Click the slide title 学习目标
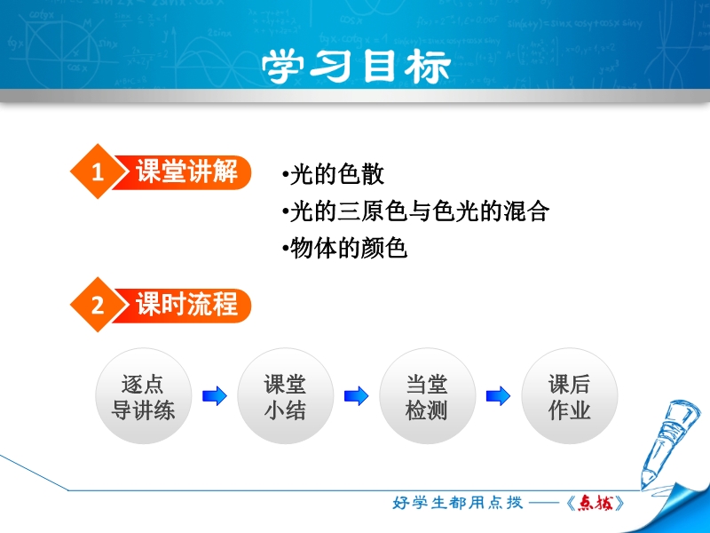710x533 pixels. click(356, 66)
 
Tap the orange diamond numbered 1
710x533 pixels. click(98, 171)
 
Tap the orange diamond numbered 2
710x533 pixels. click(98, 305)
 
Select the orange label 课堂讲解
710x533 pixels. click(186, 171)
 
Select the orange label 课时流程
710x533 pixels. click(186, 305)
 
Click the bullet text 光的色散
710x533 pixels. click(334, 174)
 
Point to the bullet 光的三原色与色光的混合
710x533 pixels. click(415, 211)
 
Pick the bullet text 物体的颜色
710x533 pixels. click(344, 249)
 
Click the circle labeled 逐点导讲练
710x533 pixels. click(143, 396)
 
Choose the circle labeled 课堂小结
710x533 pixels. click(285, 396)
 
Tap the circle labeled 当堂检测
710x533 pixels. click(428, 396)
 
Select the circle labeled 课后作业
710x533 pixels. click(570, 396)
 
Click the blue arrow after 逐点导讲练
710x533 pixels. click(214, 396)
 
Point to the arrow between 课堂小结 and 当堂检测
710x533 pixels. click(357, 396)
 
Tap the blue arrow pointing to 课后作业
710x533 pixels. click(498, 396)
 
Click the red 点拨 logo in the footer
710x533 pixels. click(596, 503)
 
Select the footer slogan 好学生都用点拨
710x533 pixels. click(458, 503)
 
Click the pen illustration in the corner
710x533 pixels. click(668, 442)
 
